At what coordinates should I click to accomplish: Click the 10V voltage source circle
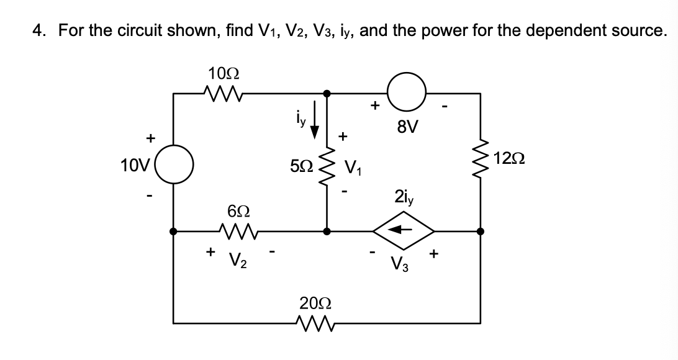click(x=173, y=167)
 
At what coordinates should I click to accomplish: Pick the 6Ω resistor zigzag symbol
click(x=239, y=232)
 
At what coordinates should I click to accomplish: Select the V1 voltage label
click(x=352, y=168)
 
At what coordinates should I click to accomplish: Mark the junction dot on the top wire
click(x=327, y=94)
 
